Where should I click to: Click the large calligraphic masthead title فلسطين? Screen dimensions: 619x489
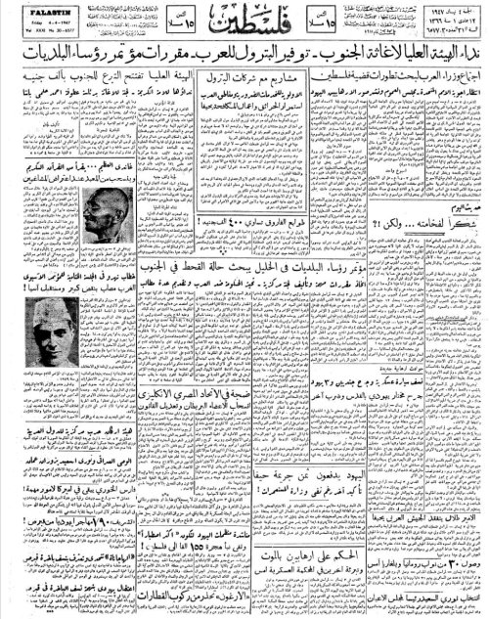tap(243, 30)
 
